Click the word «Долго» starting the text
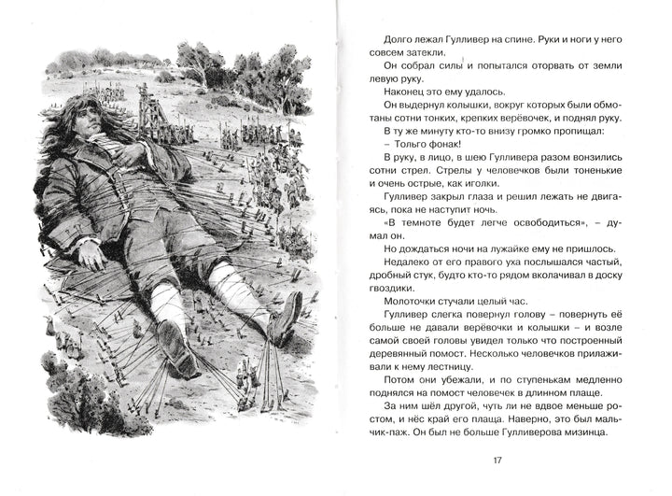pyautogui.click(x=377, y=39)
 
